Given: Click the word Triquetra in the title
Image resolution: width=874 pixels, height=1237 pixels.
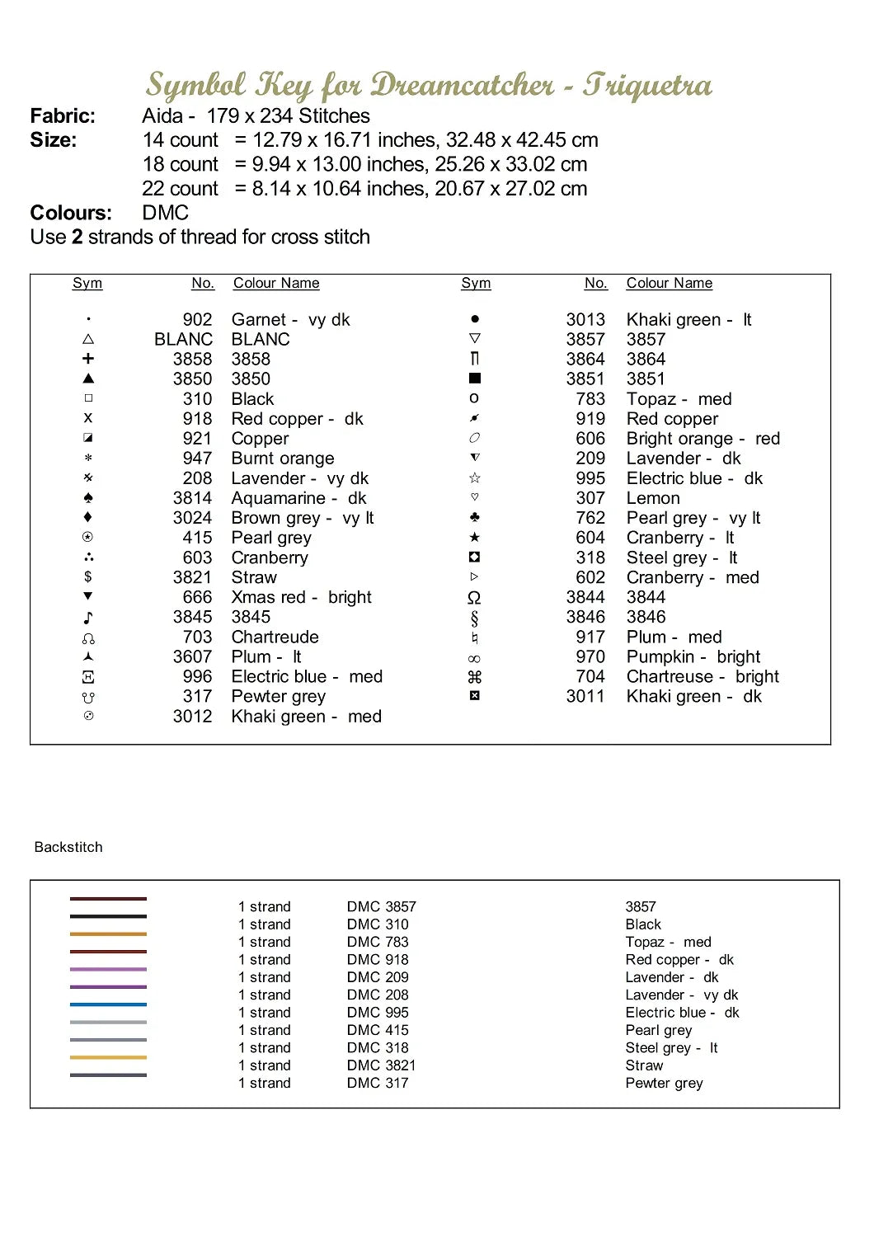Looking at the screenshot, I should [x=647, y=85].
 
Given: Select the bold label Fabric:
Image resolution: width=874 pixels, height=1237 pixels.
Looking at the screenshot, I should [x=63, y=116].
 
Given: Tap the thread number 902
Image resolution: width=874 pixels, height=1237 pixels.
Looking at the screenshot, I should [x=197, y=320].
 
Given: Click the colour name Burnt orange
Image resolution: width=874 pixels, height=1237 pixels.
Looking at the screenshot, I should [x=283, y=459].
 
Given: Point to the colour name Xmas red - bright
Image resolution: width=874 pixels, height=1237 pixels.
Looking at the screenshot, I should [x=301, y=597].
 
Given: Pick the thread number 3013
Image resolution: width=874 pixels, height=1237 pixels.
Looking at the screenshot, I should [x=585, y=320].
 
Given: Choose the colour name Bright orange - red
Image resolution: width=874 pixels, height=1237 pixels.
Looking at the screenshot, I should [x=702, y=439].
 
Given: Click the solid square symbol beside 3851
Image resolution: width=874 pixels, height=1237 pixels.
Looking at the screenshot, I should [x=475, y=379].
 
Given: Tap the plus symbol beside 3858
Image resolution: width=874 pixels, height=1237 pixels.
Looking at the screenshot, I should [x=88, y=359].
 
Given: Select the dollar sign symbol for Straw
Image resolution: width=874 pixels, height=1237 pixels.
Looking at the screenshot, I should [x=88, y=577].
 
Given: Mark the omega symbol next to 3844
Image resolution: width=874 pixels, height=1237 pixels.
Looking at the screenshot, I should [x=474, y=598].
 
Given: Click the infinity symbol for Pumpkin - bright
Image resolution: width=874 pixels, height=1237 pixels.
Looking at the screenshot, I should [x=474, y=659].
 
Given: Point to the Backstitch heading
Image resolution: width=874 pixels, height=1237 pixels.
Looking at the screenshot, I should [x=68, y=847].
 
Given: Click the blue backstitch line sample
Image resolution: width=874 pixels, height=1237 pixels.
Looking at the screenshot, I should [x=108, y=1004].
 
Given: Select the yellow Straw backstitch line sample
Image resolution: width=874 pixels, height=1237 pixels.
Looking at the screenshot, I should [x=108, y=1057].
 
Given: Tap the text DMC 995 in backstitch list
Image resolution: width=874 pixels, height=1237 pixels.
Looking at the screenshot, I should [x=378, y=1013].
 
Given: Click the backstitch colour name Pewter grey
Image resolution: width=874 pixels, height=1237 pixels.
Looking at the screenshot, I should [x=664, y=1083].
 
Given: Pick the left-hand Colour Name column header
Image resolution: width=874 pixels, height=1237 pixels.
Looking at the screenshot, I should [x=276, y=284].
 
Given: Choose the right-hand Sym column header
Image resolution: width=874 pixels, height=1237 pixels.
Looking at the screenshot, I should [x=476, y=284].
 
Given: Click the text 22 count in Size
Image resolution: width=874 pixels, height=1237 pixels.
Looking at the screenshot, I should [x=181, y=189].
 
